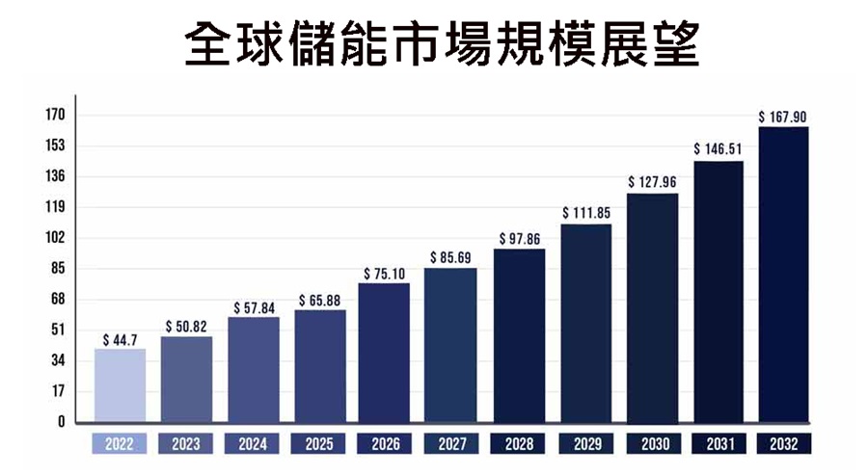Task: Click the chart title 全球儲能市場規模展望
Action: [x=434, y=43]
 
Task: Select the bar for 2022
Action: [x=120, y=385]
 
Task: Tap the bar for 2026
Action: [x=384, y=353]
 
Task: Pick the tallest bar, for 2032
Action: [x=783, y=275]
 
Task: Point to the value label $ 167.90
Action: [x=782, y=118]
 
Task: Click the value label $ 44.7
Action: [x=120, y=340]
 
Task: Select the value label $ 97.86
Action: [x=519, y=239]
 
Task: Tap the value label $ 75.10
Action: [x=384, y=274]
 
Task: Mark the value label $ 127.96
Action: [x=652, y=182]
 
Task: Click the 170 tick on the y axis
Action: [x=54, y=116]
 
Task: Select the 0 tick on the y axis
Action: [x=60, y=422]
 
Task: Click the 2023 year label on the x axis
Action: [x=186, y=445]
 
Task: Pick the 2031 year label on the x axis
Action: [x=718, y=445]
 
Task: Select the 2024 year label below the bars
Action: [x=253, y=445]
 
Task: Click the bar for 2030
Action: [x=652, y=308]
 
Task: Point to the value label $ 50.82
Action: [x=186, y=328]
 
